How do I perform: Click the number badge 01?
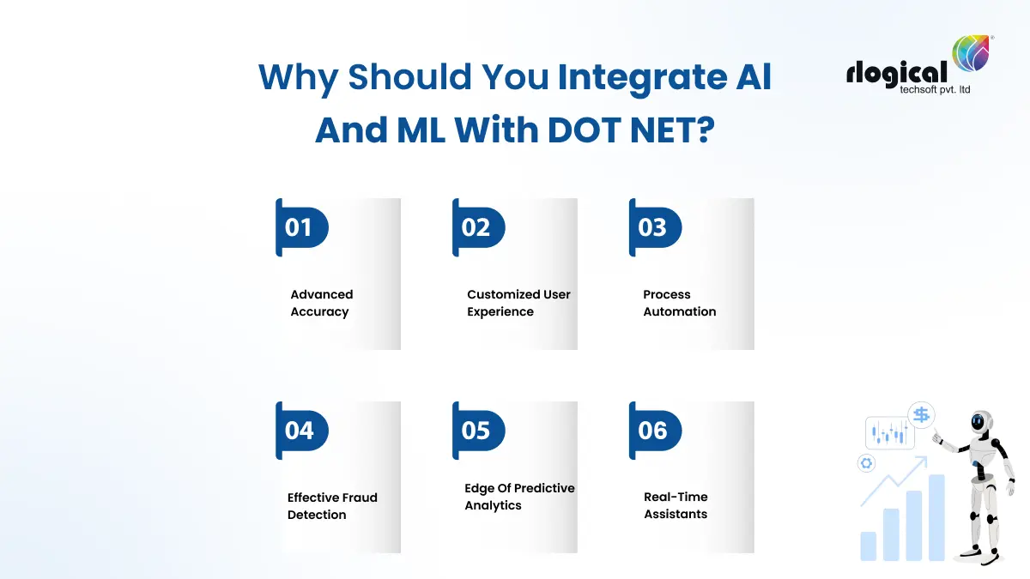coord(300,228)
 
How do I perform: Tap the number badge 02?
coord(477,228)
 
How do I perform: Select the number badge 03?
coord(654,228)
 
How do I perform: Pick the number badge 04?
coord(300,431)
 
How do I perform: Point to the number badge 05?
coord(477,431)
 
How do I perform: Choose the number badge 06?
coord(654,431)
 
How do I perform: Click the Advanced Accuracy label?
coord(321,303)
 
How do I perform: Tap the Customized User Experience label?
coord(518,303)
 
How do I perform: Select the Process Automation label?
coord(679,303)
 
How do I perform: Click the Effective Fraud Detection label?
coord(331,506)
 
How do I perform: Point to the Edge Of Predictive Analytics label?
coord(519,497)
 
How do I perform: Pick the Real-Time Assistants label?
coord(676,505)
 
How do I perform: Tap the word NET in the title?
coord(663,130)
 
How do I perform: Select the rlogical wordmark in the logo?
coord(896,73)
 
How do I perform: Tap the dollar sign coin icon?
coord(921,415)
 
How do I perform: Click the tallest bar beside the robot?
coord(936,517)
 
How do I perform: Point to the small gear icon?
coord(866,463)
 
